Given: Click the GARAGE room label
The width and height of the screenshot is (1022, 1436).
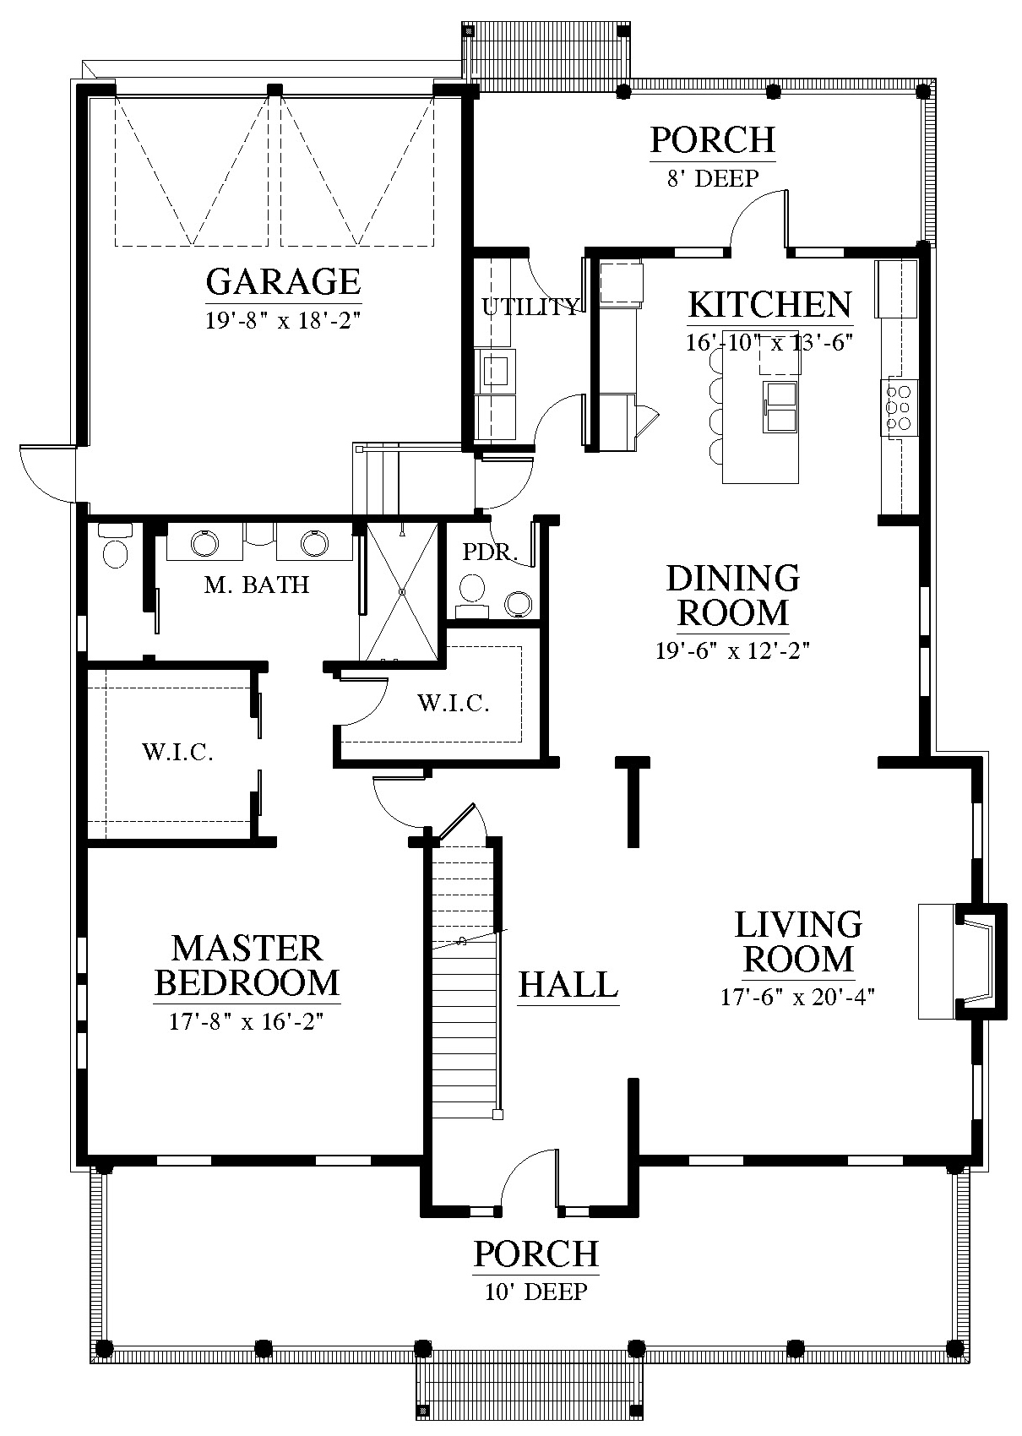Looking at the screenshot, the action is pos(284,281).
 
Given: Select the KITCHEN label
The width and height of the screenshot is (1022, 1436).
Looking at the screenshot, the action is pos(770,305).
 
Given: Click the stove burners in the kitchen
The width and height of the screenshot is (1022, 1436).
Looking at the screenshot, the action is pos(898,406).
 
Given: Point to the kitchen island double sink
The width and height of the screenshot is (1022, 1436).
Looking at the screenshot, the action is pos(780,406).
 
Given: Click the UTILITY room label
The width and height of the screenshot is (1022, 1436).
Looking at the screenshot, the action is pos(531,307).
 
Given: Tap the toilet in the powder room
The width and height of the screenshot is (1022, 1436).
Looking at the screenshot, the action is pos(472,594).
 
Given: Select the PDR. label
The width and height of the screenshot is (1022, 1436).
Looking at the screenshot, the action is pos(490,552).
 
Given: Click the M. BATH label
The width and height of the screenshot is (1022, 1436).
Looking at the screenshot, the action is pos(257,585).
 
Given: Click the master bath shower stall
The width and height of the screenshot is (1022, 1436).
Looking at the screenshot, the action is pos(402,591).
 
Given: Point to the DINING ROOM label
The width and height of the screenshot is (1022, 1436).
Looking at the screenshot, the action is pos(733,596).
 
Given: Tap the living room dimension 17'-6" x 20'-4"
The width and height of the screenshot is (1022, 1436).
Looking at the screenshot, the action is pos(797,997).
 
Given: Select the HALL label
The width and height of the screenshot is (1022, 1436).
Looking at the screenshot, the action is pos(568,985).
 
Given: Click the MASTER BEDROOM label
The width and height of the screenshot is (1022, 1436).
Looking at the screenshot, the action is pos(247,966).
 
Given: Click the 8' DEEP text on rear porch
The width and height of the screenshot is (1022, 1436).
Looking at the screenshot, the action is pos(713,178).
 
